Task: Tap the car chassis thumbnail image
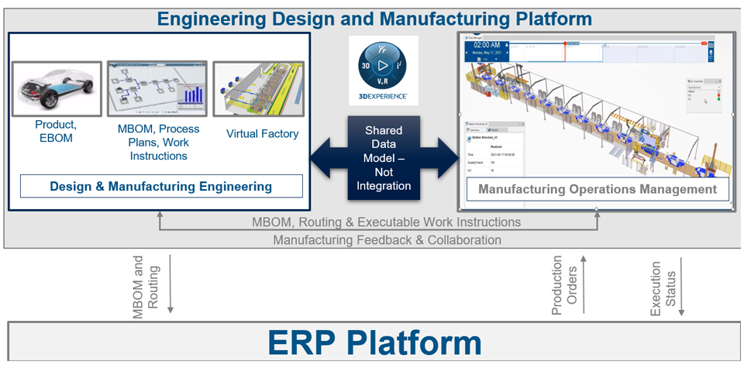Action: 57,89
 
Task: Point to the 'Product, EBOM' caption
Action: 56,131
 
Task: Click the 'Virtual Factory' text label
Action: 262,134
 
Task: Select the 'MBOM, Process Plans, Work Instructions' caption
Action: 158,143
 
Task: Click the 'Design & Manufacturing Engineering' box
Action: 161,186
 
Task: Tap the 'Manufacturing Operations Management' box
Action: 597,188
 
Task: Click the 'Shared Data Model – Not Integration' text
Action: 384,158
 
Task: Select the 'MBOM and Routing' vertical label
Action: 145,284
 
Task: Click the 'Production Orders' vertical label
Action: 563,286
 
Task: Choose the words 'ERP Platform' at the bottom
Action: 374,343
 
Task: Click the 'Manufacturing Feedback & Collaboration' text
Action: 387,240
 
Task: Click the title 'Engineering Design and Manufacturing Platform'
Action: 374,19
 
